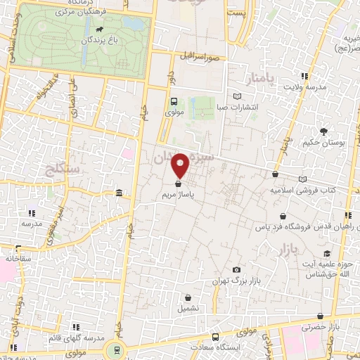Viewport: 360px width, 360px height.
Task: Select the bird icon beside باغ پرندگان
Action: click(99, 30)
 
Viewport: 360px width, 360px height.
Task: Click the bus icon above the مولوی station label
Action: click(174, 101)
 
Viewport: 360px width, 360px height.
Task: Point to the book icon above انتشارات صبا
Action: click(237, 96)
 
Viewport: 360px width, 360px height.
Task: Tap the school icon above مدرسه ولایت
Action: click(304, 76)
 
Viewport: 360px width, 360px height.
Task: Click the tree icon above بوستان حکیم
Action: click(323, 131)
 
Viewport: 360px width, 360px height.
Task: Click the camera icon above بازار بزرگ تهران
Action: click(236, 269)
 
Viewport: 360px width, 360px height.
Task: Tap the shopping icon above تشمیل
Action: click(188, 297)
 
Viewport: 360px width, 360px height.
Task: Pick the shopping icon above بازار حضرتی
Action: click(321, 316)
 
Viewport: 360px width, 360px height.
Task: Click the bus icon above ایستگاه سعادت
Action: click(214, 337)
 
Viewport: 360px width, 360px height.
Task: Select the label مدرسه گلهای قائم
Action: click(77, 339)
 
